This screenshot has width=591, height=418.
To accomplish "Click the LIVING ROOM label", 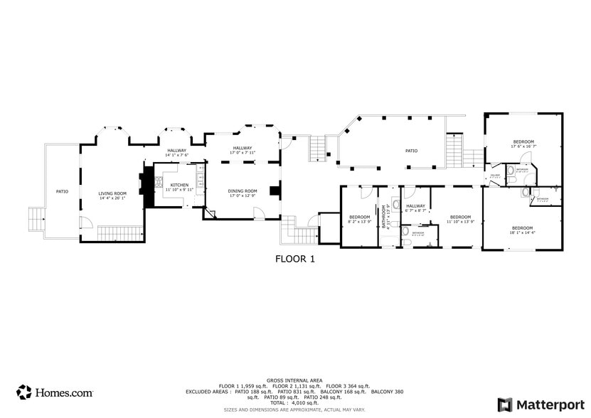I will tap(112, 193).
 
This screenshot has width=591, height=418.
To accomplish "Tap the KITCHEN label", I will tap(179, 185).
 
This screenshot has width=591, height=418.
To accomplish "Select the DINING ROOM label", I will tap(242, 191).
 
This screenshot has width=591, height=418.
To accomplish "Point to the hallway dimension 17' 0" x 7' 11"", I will tap(242, 153).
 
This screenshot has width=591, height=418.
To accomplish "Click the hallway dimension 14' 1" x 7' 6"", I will tap(176, 155).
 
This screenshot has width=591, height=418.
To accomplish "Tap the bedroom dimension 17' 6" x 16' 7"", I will tap(523, 146).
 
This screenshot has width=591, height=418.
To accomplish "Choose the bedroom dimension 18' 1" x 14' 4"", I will tap(522, 232).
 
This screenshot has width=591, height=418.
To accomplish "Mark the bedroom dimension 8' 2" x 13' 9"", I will tap(359, 222).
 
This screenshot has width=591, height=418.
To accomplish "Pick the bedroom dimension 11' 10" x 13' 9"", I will tap(460, 222).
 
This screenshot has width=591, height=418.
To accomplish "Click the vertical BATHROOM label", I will tap(385, 215).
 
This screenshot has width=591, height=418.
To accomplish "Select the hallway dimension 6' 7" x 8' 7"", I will tap(415, 210).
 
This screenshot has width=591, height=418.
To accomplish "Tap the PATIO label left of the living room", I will tap(62, 191).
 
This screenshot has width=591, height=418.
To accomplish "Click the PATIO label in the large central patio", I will tap(411, 151).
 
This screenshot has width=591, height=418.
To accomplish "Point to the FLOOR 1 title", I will tap(294, 259).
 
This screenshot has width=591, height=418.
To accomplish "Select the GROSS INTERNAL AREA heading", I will tap(294, 380).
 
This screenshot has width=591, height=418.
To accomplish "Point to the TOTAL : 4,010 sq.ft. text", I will tap(294, 403).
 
